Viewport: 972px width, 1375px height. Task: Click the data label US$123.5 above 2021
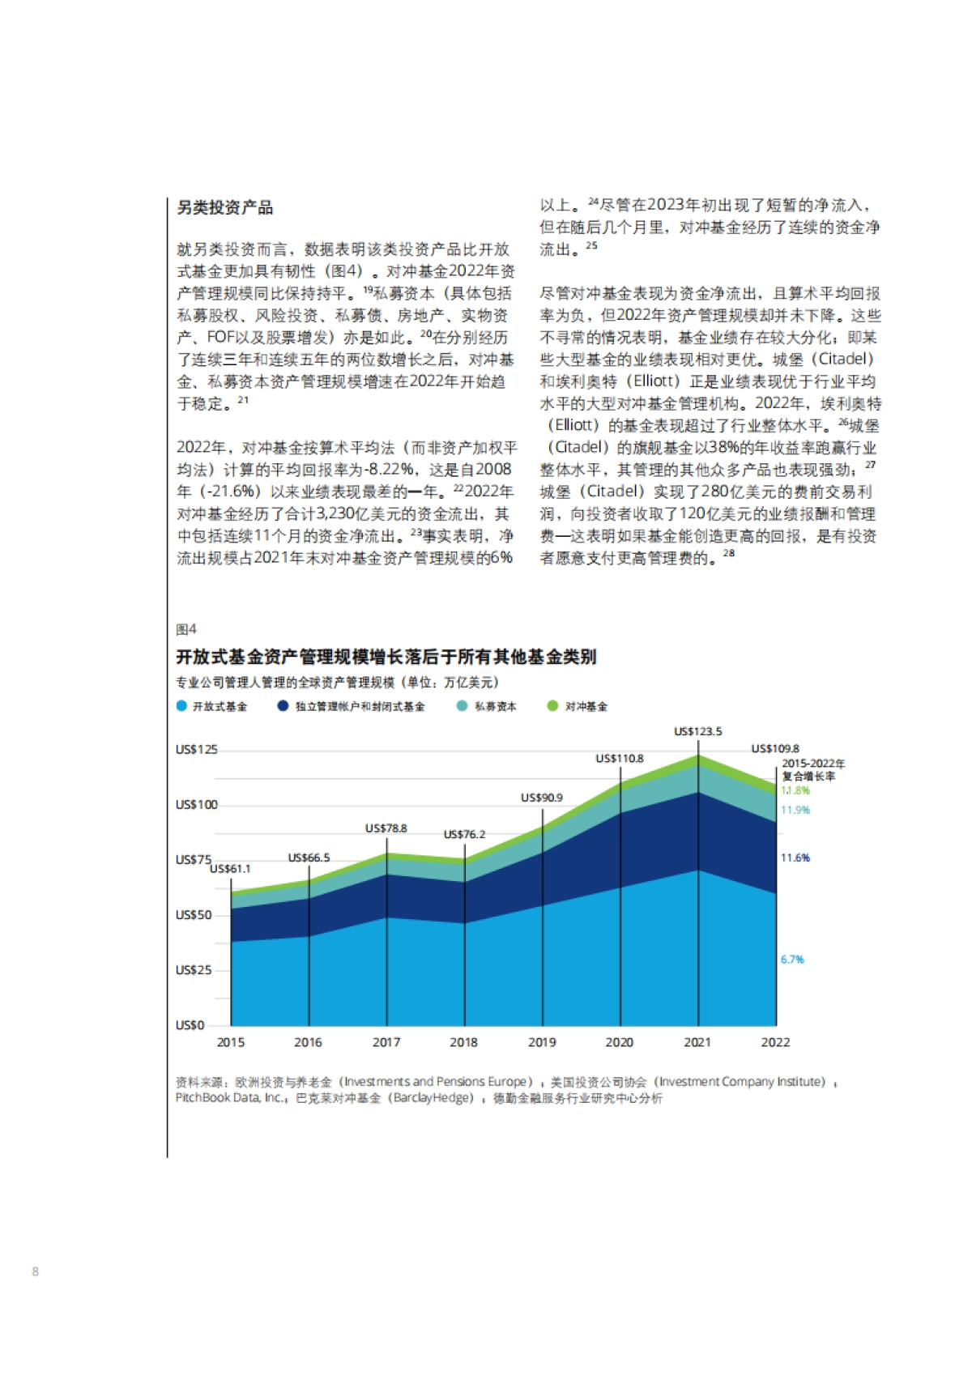coord(697,731)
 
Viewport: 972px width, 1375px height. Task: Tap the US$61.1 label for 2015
coord(230,869)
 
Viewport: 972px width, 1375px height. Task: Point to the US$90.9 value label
coord(541,798)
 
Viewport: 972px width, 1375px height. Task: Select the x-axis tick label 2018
coord(463,1042)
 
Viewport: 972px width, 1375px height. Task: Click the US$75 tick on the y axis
coord(194,859)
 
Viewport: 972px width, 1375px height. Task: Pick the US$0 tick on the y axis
coord(190,1025)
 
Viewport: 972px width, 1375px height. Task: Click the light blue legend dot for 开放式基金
coord(181,706)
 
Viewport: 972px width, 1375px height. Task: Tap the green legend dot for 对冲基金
coord(552,706)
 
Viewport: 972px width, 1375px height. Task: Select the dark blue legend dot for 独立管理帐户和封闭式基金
coord(283,706)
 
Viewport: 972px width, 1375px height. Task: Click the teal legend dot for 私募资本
coord(462,706)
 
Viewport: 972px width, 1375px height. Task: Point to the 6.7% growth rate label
coord(792,960)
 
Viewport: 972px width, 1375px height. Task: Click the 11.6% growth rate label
coord(795,858)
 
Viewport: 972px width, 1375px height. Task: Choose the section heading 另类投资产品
coord(225,207)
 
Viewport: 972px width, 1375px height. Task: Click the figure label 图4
coord(186,629)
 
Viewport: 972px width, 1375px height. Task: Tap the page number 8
coord(35,1271)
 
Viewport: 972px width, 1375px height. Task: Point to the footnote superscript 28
coord(729,553)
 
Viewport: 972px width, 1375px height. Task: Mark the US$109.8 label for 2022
coord(775,749)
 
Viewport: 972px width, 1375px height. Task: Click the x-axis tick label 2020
coord(619,1042)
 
